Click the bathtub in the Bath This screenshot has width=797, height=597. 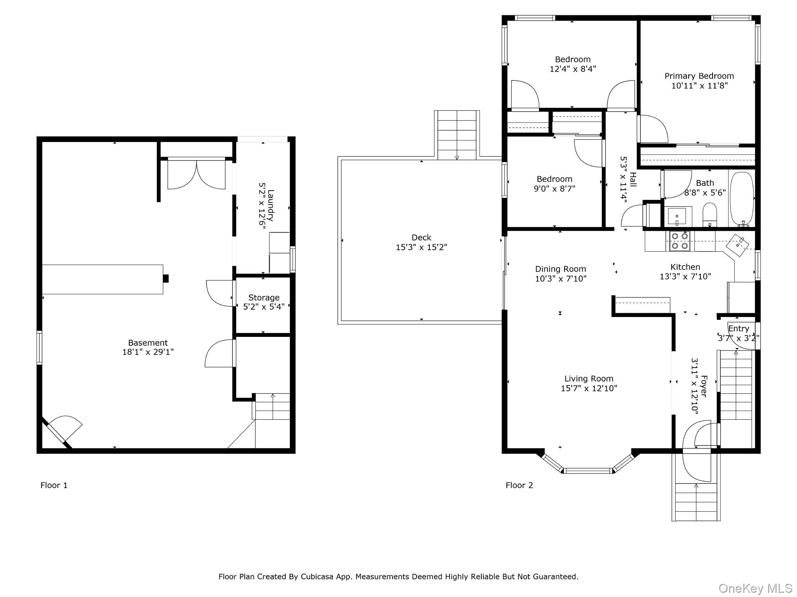click(742, 199)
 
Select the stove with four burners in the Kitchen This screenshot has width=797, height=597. click(679, 241)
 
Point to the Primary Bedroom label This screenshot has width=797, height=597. click(699, 76)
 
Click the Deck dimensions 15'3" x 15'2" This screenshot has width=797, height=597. click(421, 247)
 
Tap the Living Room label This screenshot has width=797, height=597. click(589, 378)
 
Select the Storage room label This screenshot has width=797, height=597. click(264, 298)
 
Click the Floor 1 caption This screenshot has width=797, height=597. click(54, 485)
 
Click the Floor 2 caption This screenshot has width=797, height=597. click(519, 485)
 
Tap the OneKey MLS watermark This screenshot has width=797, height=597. click(755, 588)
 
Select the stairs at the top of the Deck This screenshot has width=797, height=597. click(457, 135)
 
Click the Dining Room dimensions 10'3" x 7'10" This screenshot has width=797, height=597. click(561, 278)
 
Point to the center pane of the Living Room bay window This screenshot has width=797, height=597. click(588, 471)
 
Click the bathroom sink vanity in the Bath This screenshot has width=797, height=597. click(678, 216)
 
